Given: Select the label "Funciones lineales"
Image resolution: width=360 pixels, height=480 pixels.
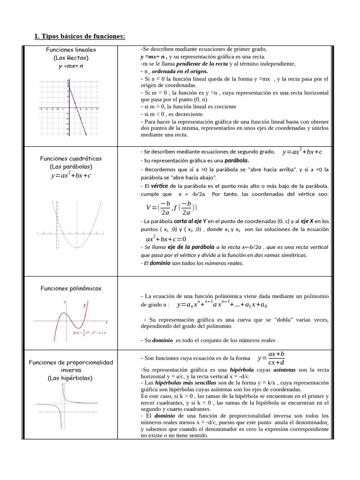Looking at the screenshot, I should tap(71, 50).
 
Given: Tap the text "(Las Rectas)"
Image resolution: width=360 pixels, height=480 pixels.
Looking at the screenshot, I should tap(71, 58).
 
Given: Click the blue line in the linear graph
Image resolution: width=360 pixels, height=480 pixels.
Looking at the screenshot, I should tap(77, 110).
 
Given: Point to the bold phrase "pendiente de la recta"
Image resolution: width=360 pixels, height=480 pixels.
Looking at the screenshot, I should tap(202, 63).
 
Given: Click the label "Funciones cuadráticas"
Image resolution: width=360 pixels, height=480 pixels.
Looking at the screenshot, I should tap(71, 158).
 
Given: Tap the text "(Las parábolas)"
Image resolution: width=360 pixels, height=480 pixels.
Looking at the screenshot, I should tap(71, 166).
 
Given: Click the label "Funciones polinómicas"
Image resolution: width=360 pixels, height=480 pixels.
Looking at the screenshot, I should tap(71, 288).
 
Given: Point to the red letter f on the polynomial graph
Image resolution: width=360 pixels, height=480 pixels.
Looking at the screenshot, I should tap(84, 306).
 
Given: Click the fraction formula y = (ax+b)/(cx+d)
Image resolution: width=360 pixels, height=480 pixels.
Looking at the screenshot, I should tap(271, 358).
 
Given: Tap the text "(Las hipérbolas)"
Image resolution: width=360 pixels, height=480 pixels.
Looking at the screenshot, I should tap(71, 378).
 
